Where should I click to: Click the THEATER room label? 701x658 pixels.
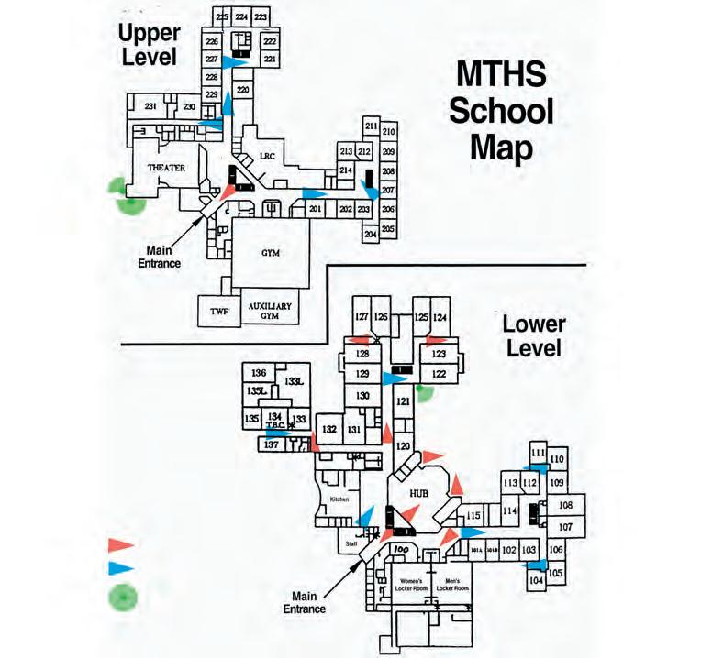pos(167,168)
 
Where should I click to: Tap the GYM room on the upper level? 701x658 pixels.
pos(269,252)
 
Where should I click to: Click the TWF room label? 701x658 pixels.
pos(218,312)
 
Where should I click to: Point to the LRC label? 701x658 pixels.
pos(268,157)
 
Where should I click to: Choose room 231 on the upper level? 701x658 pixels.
pos(152,108)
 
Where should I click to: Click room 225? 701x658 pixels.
pos(221,17)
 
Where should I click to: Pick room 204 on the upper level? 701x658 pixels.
pos(371,235)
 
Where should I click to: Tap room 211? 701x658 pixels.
pos(371,126)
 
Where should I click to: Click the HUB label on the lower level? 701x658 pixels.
pos(419,494)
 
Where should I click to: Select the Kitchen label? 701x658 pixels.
pos(339,499)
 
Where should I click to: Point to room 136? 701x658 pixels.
pos(259,373)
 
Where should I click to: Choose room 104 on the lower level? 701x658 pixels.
pos(537,580)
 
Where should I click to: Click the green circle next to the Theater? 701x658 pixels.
pos(123,193)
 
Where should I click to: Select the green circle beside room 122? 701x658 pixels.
pos(424,392)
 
